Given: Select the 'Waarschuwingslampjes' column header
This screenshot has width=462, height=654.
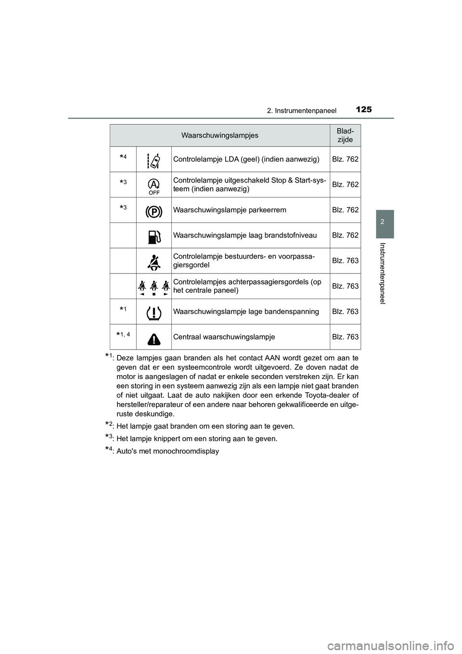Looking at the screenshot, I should [219, 135].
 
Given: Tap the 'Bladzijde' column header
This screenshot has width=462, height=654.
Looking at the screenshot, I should [345, 135].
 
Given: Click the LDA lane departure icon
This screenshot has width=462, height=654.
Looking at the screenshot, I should [154, 159].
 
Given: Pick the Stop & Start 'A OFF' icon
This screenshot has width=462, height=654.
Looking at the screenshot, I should [154, 185].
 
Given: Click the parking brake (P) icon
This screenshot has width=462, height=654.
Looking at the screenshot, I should [154, 210].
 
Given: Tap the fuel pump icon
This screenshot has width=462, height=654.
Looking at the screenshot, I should [154, 236].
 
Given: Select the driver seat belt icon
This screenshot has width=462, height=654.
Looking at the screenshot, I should [154, 261].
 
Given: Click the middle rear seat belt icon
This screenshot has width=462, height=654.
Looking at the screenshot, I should [154, 287].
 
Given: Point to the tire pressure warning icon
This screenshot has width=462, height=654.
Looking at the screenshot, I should [154, 312].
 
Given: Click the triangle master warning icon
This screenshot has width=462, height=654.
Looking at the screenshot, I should [154, 338].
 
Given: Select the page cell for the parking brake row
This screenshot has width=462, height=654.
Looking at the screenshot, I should [345, 210].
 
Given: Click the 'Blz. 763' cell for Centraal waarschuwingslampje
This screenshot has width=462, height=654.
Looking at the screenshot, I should [345, 337].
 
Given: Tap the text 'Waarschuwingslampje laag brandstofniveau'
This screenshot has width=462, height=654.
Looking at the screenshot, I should [244, 235].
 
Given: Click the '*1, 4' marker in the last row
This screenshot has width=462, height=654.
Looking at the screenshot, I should [123, 334].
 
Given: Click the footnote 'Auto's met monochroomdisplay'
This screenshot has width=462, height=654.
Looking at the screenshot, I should [167, 451].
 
